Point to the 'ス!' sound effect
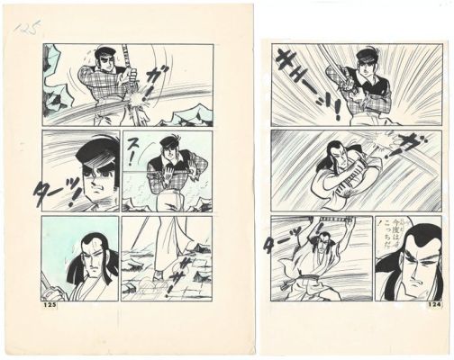[x=132, y=152]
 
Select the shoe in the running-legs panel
[x=159, y=274]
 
